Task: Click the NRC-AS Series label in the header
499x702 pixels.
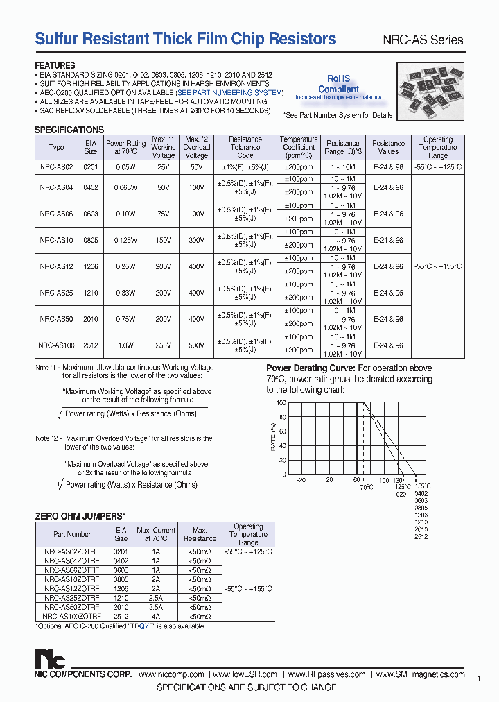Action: pyautogui.click(x=423, y=40)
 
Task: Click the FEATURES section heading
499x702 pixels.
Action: pyautogui.click(x=55, y=66)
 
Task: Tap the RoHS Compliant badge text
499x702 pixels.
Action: pyautogui.click(x=338, y=84)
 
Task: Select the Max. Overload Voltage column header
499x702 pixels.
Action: pyautogui.click(x=196, y=147)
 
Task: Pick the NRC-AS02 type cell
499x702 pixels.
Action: pyautogui.click(x=56, y=167)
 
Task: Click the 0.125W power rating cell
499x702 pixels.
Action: pyautogui.click(x=125, y=240)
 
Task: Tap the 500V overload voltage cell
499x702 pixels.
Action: pyautogui.click(x=196, y=345)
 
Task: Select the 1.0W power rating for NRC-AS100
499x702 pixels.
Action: pyautogui.click(x=125, y=345)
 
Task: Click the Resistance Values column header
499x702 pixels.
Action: pyautogui.click(x=388, y=147)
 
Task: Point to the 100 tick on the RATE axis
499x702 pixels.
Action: pyautogui.click(x=281, y=403)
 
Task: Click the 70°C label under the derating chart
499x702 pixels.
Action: pyautogui.click(x=366, y=487)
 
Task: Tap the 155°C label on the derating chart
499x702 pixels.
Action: pyautogui.click(x=422, y=486)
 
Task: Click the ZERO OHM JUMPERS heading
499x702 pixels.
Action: pyautogui.click(x=80, y=515)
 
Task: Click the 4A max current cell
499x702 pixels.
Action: pyautogui.click(x=157, y=615)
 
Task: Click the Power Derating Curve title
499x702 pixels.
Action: pyautogui.click(x=310, y=368)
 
